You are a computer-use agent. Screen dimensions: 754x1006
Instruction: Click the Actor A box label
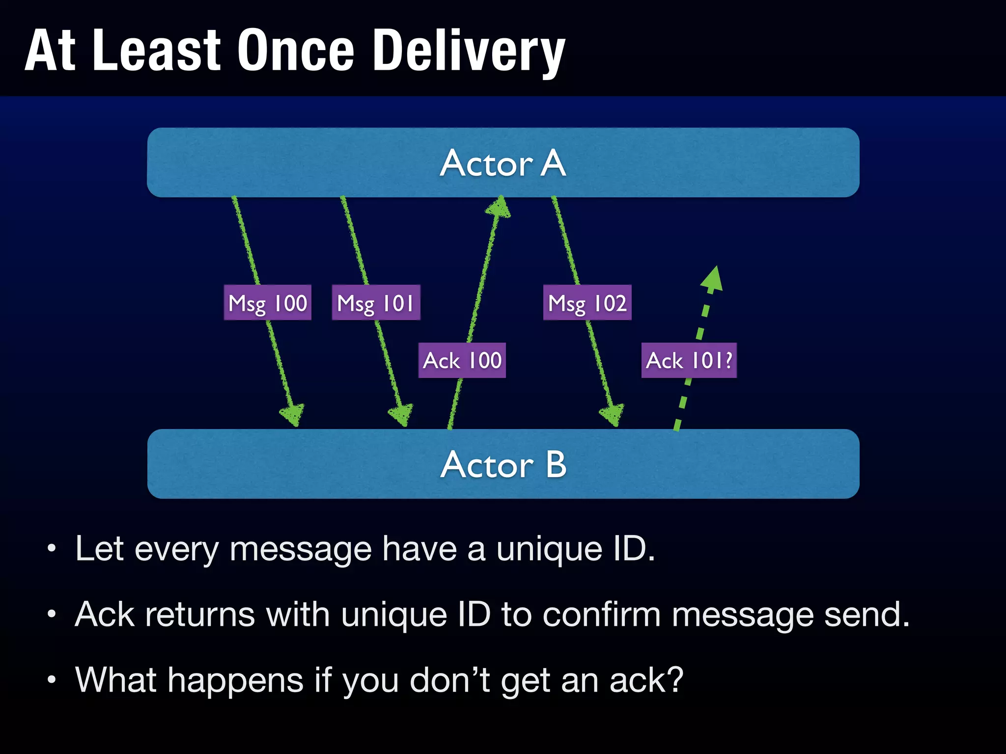pyautogui.click(x=503, y=163)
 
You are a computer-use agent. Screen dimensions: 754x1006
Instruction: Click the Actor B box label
pyautogui.click(x=503, y=464)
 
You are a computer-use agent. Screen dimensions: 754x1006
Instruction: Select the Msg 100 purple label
pyautogui.click(x=268, y=303)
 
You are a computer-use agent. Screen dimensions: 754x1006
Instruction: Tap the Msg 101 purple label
pyautogui.click(x=376, y=303)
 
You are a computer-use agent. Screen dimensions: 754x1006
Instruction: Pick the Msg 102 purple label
pyautogui.click(x=587, y=303)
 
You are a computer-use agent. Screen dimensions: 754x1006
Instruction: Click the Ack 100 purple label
pyautogui.click(x=462, y=360)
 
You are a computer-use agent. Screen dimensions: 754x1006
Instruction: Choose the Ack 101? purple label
pyautogui.click(x=689, y=360)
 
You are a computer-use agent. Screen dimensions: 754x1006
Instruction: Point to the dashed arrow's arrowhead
pyautogui.click(x=713, y=279)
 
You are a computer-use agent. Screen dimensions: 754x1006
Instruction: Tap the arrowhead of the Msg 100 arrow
pyautogui.click(x=293, y=415)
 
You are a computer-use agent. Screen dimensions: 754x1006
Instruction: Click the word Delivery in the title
pyautogui.click(x=469, y=51)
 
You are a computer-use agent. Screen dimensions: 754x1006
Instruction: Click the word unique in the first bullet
pyautogui.click(x=549, y=549)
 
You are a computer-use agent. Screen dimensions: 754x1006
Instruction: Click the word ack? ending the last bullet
pyautogui.click(x=646, y=681)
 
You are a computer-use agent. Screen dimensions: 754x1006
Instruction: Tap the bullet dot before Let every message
pyautogui.click(x=52, y=549)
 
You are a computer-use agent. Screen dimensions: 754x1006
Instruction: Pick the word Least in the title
pyautogui.click(x=156, y=51)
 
